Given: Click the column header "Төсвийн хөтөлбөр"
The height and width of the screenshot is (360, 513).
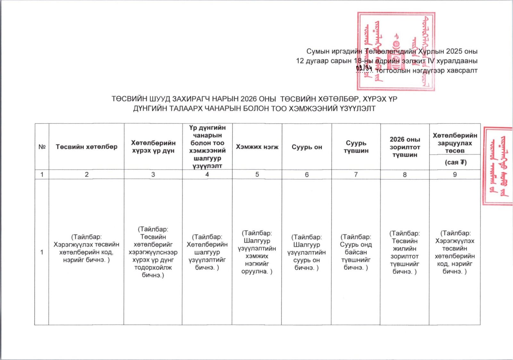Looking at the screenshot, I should (87, 147).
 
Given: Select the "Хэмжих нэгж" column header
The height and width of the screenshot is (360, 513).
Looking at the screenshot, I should (257, 147).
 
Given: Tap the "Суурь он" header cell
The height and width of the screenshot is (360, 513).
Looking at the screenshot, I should (307, 147).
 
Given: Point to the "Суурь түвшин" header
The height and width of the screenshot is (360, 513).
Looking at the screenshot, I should (356, 147).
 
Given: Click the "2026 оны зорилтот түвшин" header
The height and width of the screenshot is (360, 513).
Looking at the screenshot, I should (405, 147).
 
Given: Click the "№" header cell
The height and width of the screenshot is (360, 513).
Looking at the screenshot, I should (42, 147).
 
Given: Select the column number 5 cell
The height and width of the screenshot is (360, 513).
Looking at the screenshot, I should (257, 174).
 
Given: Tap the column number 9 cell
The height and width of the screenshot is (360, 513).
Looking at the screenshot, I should (455, 174).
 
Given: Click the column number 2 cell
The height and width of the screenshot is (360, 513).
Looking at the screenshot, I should (87, 174).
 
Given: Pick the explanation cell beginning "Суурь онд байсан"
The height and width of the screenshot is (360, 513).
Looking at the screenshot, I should (356, 252).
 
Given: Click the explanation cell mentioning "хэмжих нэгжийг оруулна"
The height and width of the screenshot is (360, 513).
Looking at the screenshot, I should (257, 252).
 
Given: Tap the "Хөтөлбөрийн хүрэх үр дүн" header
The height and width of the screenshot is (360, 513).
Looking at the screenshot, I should (153, 147).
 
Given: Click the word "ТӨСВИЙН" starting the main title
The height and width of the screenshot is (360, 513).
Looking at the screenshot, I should (127, 99).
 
